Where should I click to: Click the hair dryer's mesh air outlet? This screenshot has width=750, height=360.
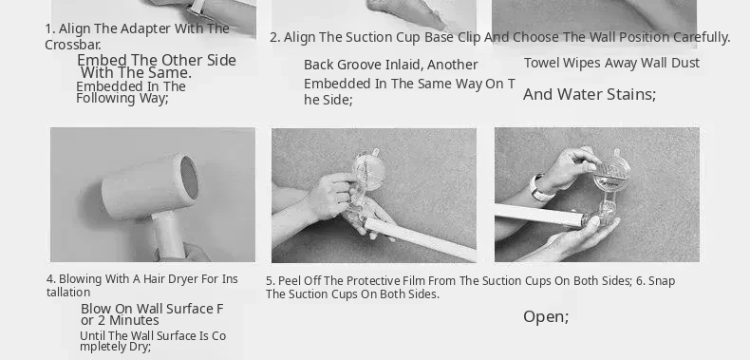tap(189, 178)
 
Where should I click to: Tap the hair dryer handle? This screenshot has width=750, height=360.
tap(169, 236)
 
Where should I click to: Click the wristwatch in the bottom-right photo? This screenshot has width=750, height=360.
tap(539, 189)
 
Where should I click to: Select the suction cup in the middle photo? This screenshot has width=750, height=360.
tap(367, 171)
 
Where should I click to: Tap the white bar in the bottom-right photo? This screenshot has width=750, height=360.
tap(539, 215)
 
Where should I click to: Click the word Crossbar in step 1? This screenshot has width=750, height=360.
tap(72, 45)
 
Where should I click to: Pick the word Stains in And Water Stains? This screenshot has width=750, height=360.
tap(633, 94)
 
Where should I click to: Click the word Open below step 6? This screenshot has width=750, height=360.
tap(545, 317)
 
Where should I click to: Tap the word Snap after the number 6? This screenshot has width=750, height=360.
tap(662, 281)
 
